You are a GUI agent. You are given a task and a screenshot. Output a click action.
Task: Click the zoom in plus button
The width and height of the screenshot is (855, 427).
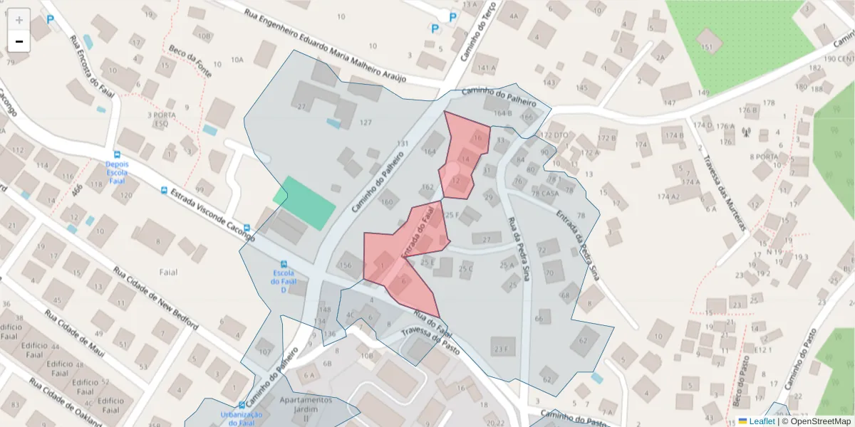click(19, 19)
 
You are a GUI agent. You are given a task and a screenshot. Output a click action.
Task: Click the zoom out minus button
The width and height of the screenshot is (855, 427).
click(19, 41)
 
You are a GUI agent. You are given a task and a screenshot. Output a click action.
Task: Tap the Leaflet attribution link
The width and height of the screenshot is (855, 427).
click(762, 421)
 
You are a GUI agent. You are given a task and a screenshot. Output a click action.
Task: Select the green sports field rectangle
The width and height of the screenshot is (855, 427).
click(304, 203)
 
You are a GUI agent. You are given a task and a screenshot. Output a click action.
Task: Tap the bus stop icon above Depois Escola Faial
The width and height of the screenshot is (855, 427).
click(117, 154)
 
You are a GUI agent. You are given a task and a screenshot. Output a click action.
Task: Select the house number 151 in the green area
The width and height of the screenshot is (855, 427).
click(706, 47)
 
